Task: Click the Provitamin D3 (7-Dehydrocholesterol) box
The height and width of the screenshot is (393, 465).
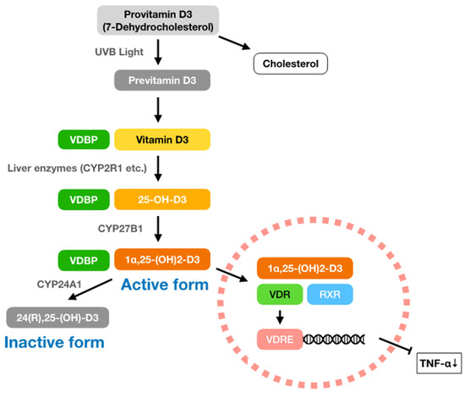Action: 158,19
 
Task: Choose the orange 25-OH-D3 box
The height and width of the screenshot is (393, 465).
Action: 161,201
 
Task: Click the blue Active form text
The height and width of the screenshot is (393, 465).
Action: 164,285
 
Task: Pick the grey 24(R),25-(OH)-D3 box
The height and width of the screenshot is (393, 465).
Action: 57,317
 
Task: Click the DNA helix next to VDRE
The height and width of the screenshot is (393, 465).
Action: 338,340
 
